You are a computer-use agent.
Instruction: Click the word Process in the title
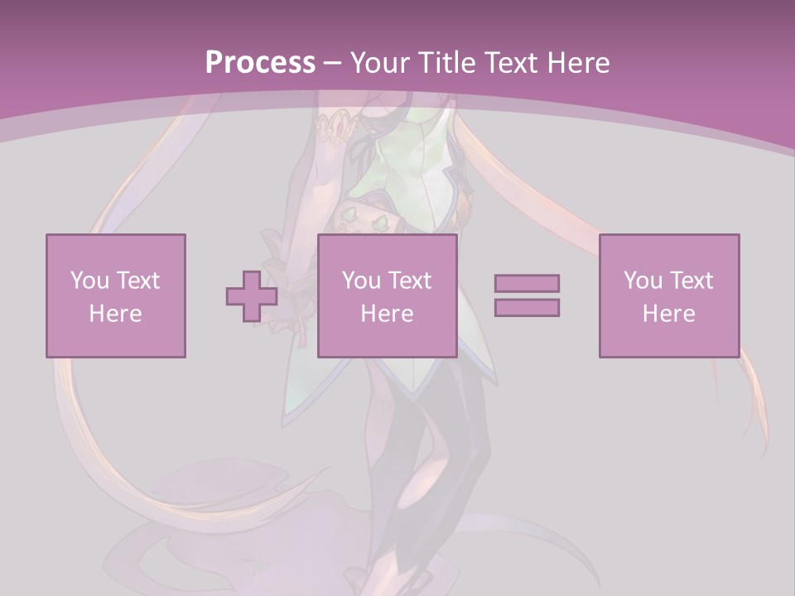(260, 62)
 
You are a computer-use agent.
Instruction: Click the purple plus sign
(252, 296)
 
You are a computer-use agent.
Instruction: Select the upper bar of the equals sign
(527, 283)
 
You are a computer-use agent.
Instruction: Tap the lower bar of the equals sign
(527, 307)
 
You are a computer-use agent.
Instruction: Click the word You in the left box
(89, 280)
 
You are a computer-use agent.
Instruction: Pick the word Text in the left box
(137, 280)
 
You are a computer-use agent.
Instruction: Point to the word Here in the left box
(115, 314)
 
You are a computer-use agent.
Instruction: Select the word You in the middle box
(361, 280)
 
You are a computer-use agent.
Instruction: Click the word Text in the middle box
(409, 280)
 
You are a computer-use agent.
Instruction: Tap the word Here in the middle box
(387, 314)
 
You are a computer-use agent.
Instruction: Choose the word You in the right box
(643, 280)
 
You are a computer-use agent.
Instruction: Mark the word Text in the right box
(691, 280)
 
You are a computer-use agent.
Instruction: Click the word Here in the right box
(668, 314)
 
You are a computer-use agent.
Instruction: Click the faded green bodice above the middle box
(406, 166)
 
